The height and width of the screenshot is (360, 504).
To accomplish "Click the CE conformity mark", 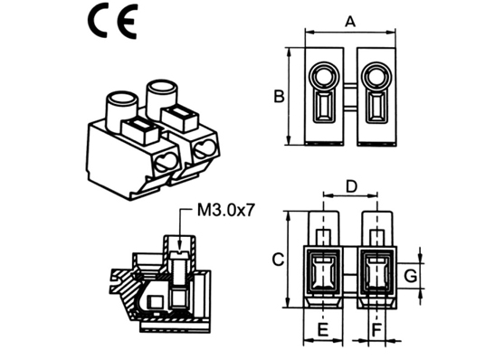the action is pos(113,21).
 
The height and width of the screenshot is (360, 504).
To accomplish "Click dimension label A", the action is pos(350,22).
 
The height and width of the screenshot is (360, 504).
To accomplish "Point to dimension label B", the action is pos(279,97).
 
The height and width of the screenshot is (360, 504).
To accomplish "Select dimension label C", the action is pos(278,260).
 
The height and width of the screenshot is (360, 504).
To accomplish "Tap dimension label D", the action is pos(352,186).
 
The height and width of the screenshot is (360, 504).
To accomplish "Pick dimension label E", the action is pos(323,330).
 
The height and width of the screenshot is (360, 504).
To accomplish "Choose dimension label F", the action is pos(376,330).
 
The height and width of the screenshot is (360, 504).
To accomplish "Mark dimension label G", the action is pos(411,276).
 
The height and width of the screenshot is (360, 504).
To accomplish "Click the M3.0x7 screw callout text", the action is pos(226,211).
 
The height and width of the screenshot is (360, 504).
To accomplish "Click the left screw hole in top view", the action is pos(324,77).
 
